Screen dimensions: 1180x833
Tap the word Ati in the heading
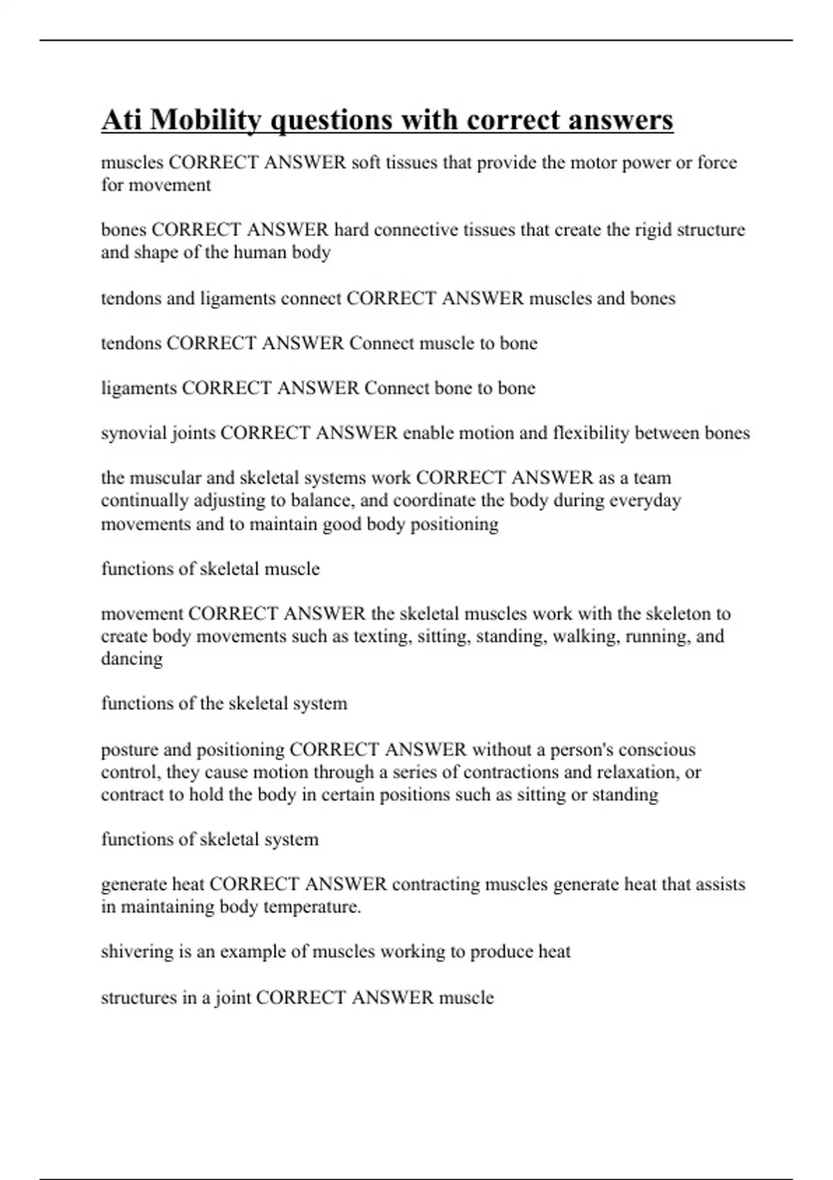click(x=121, y=119)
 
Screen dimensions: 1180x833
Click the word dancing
click(x=131, y=659)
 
